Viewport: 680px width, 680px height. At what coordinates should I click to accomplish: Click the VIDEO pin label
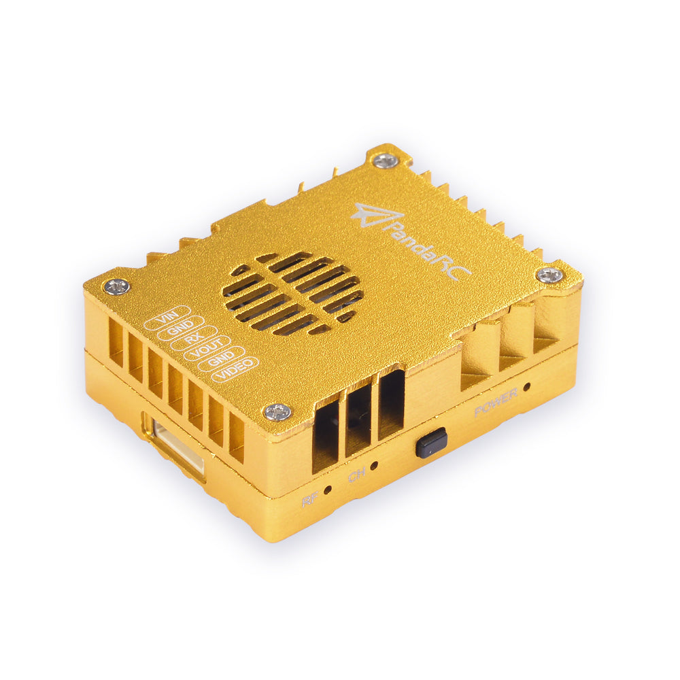click(x=236, y=364)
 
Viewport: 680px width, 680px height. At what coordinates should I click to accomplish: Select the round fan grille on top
click(x=292, y=293)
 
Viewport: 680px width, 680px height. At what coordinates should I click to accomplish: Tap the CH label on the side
click(x=356, y=477)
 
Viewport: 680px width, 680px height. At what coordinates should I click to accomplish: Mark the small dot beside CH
click(x=375, y=467)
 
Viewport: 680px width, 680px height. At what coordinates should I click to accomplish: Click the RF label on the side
click(x=309, y=502)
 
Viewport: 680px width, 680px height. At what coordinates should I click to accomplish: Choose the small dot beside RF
click(x=328, y=490)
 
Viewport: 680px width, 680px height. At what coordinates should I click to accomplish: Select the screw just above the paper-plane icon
click(x=386, y=160)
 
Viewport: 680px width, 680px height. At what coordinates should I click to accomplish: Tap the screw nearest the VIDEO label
click(x=277, y=411)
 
